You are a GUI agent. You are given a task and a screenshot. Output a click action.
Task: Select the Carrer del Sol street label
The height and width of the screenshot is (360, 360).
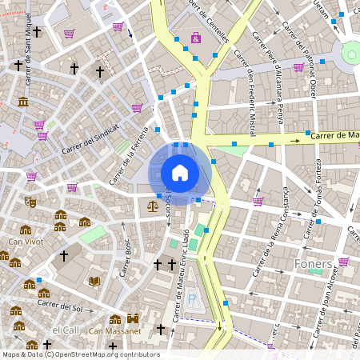point(60,305)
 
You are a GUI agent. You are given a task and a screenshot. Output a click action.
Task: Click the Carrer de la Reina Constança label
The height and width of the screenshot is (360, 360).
point(274,232)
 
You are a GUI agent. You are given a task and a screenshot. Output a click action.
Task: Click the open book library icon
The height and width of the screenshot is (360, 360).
point(94,281)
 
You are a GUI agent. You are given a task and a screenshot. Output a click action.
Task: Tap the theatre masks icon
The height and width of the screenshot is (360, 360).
point(30,202)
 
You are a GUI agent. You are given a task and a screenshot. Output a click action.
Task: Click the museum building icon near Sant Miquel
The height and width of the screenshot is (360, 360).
point(22,102)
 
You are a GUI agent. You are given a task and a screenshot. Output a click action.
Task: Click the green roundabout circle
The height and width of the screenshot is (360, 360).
point(352,54)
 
